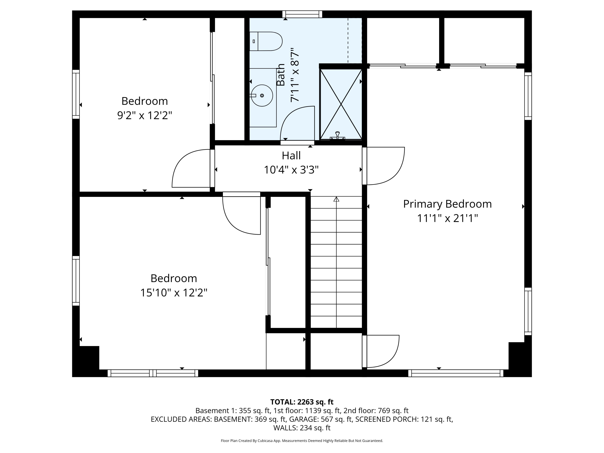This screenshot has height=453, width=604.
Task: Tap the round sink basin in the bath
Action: coord(262,96)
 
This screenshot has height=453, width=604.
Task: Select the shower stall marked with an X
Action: coord(341,104)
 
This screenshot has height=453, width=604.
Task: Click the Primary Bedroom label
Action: coord(447,204)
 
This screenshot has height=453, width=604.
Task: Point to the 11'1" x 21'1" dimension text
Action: coord(447,218)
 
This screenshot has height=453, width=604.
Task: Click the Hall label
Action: coord(291,155)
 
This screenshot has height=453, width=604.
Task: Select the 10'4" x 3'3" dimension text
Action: coord(291,170)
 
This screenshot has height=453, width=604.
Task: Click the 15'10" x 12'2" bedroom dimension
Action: coord(174,293)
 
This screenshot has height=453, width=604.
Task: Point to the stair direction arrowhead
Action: coord(336,199)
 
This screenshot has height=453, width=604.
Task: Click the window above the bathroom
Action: coord(302,14)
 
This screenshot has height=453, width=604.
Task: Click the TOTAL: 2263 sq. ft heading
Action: coord(302,402)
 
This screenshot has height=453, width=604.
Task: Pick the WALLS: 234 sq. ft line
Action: coord(302,428)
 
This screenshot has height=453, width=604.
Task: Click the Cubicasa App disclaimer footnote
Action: coord(302,441)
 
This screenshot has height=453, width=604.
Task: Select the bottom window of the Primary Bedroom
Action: coord(456,373)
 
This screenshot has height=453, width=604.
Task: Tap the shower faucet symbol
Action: coord(337,136)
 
